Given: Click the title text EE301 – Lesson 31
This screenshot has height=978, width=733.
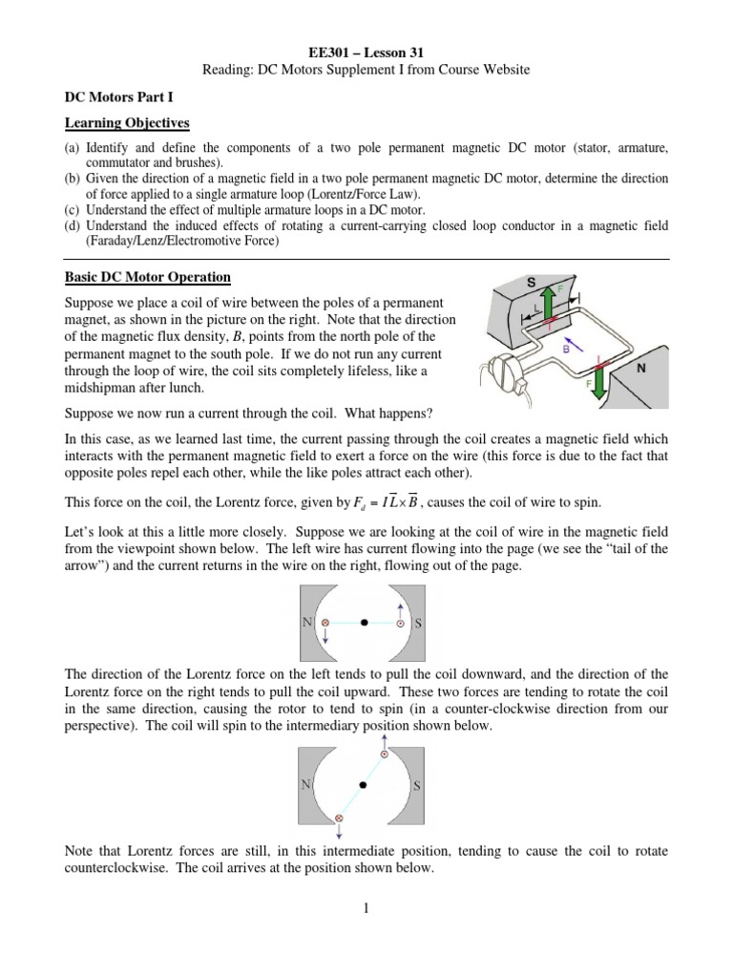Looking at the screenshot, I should [x=366, y=53].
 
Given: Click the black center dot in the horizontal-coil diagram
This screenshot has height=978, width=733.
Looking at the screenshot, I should [x=364, y=623].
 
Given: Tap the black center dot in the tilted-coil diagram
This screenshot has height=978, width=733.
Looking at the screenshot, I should [x=363, y=785].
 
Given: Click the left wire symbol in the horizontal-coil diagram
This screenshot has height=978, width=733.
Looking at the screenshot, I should [x=323, y=623].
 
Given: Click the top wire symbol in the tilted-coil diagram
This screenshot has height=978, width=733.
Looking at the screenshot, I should [x=385, y=755].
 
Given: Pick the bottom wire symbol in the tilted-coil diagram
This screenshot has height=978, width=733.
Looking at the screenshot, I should [x=337, y=819].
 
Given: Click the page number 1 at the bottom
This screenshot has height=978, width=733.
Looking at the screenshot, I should [x=366, y=908].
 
